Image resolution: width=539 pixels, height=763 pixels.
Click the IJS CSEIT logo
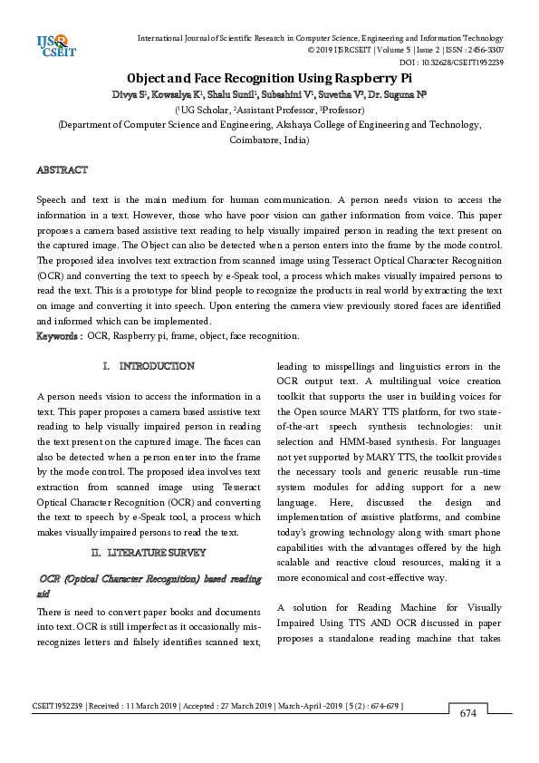[52, 45]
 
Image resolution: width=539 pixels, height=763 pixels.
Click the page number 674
[467, 713]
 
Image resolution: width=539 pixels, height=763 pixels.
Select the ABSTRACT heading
[62, 170]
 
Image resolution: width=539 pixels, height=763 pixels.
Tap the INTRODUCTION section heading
[156, 366]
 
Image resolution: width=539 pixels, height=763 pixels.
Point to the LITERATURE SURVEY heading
[156, 552]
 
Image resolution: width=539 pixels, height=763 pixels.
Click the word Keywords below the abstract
[58, 335]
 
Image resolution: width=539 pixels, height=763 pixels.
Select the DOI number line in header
[451, 63]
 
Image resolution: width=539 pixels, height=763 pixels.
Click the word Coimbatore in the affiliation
[255, 141]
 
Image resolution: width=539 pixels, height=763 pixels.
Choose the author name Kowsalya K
[178, 94]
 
